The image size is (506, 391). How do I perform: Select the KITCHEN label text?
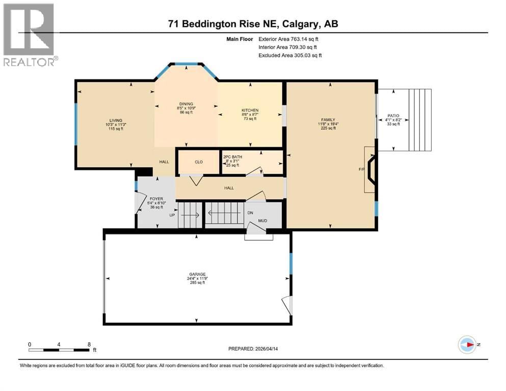(250, 110)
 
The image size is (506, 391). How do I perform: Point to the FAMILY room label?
(328, 120)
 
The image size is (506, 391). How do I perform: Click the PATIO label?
(393, 116)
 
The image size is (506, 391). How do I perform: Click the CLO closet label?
(199, 162)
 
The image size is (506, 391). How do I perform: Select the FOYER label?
(155, 198)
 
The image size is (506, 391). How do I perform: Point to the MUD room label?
(262, 221)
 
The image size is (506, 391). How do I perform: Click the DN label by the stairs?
(250, 213)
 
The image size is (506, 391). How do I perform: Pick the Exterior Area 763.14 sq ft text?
(291, 39)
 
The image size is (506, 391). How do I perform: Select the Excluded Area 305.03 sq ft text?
(290, 55)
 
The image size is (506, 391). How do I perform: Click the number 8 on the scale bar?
(89, 344)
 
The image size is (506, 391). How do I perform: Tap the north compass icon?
(467, 344)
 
